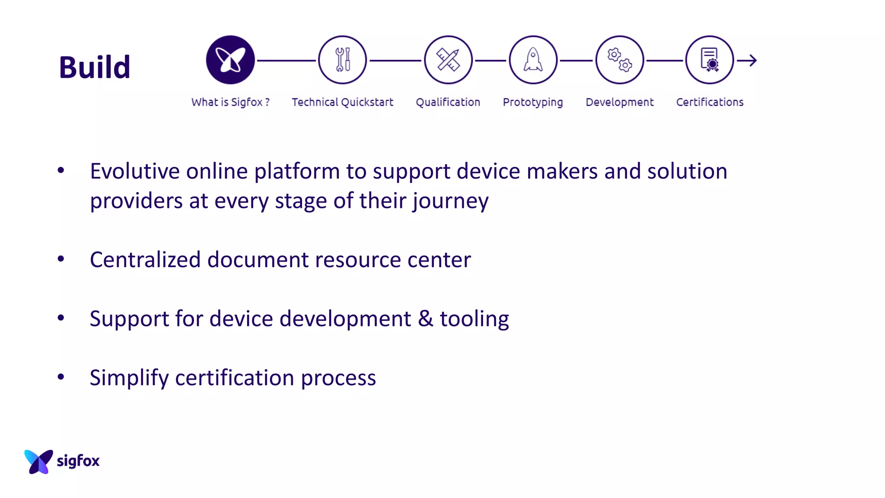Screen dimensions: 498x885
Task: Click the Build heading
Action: [x=95, y=67]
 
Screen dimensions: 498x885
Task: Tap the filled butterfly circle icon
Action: [x=230, y=60]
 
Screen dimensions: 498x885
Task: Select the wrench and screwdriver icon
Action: [x=343, y=60]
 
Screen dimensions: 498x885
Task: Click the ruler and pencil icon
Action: [x=448, y=60]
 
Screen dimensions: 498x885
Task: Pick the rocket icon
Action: [x=533, y=60]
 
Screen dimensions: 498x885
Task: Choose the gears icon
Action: [x=620, y=60]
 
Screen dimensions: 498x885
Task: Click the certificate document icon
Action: [x=710, y=60]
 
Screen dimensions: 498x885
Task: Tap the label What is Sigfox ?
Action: [x=230, y=102]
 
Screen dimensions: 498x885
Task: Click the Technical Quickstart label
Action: [x=342, y=102]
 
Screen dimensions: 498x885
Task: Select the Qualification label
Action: [x=448, y=102]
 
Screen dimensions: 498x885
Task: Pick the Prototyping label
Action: [x=533, y=102]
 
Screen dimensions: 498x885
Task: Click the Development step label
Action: [x=620, y=102]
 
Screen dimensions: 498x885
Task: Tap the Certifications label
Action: [x=710, y=102]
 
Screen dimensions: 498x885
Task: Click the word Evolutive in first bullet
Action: [x=135, y=171]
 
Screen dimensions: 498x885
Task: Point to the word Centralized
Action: [x=145, y=260]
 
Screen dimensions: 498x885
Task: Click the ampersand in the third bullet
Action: [x=425, y=319]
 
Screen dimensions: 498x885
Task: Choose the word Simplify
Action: [x=129, y=378]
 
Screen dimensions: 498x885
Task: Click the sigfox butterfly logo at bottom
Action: [x=39, y=461]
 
